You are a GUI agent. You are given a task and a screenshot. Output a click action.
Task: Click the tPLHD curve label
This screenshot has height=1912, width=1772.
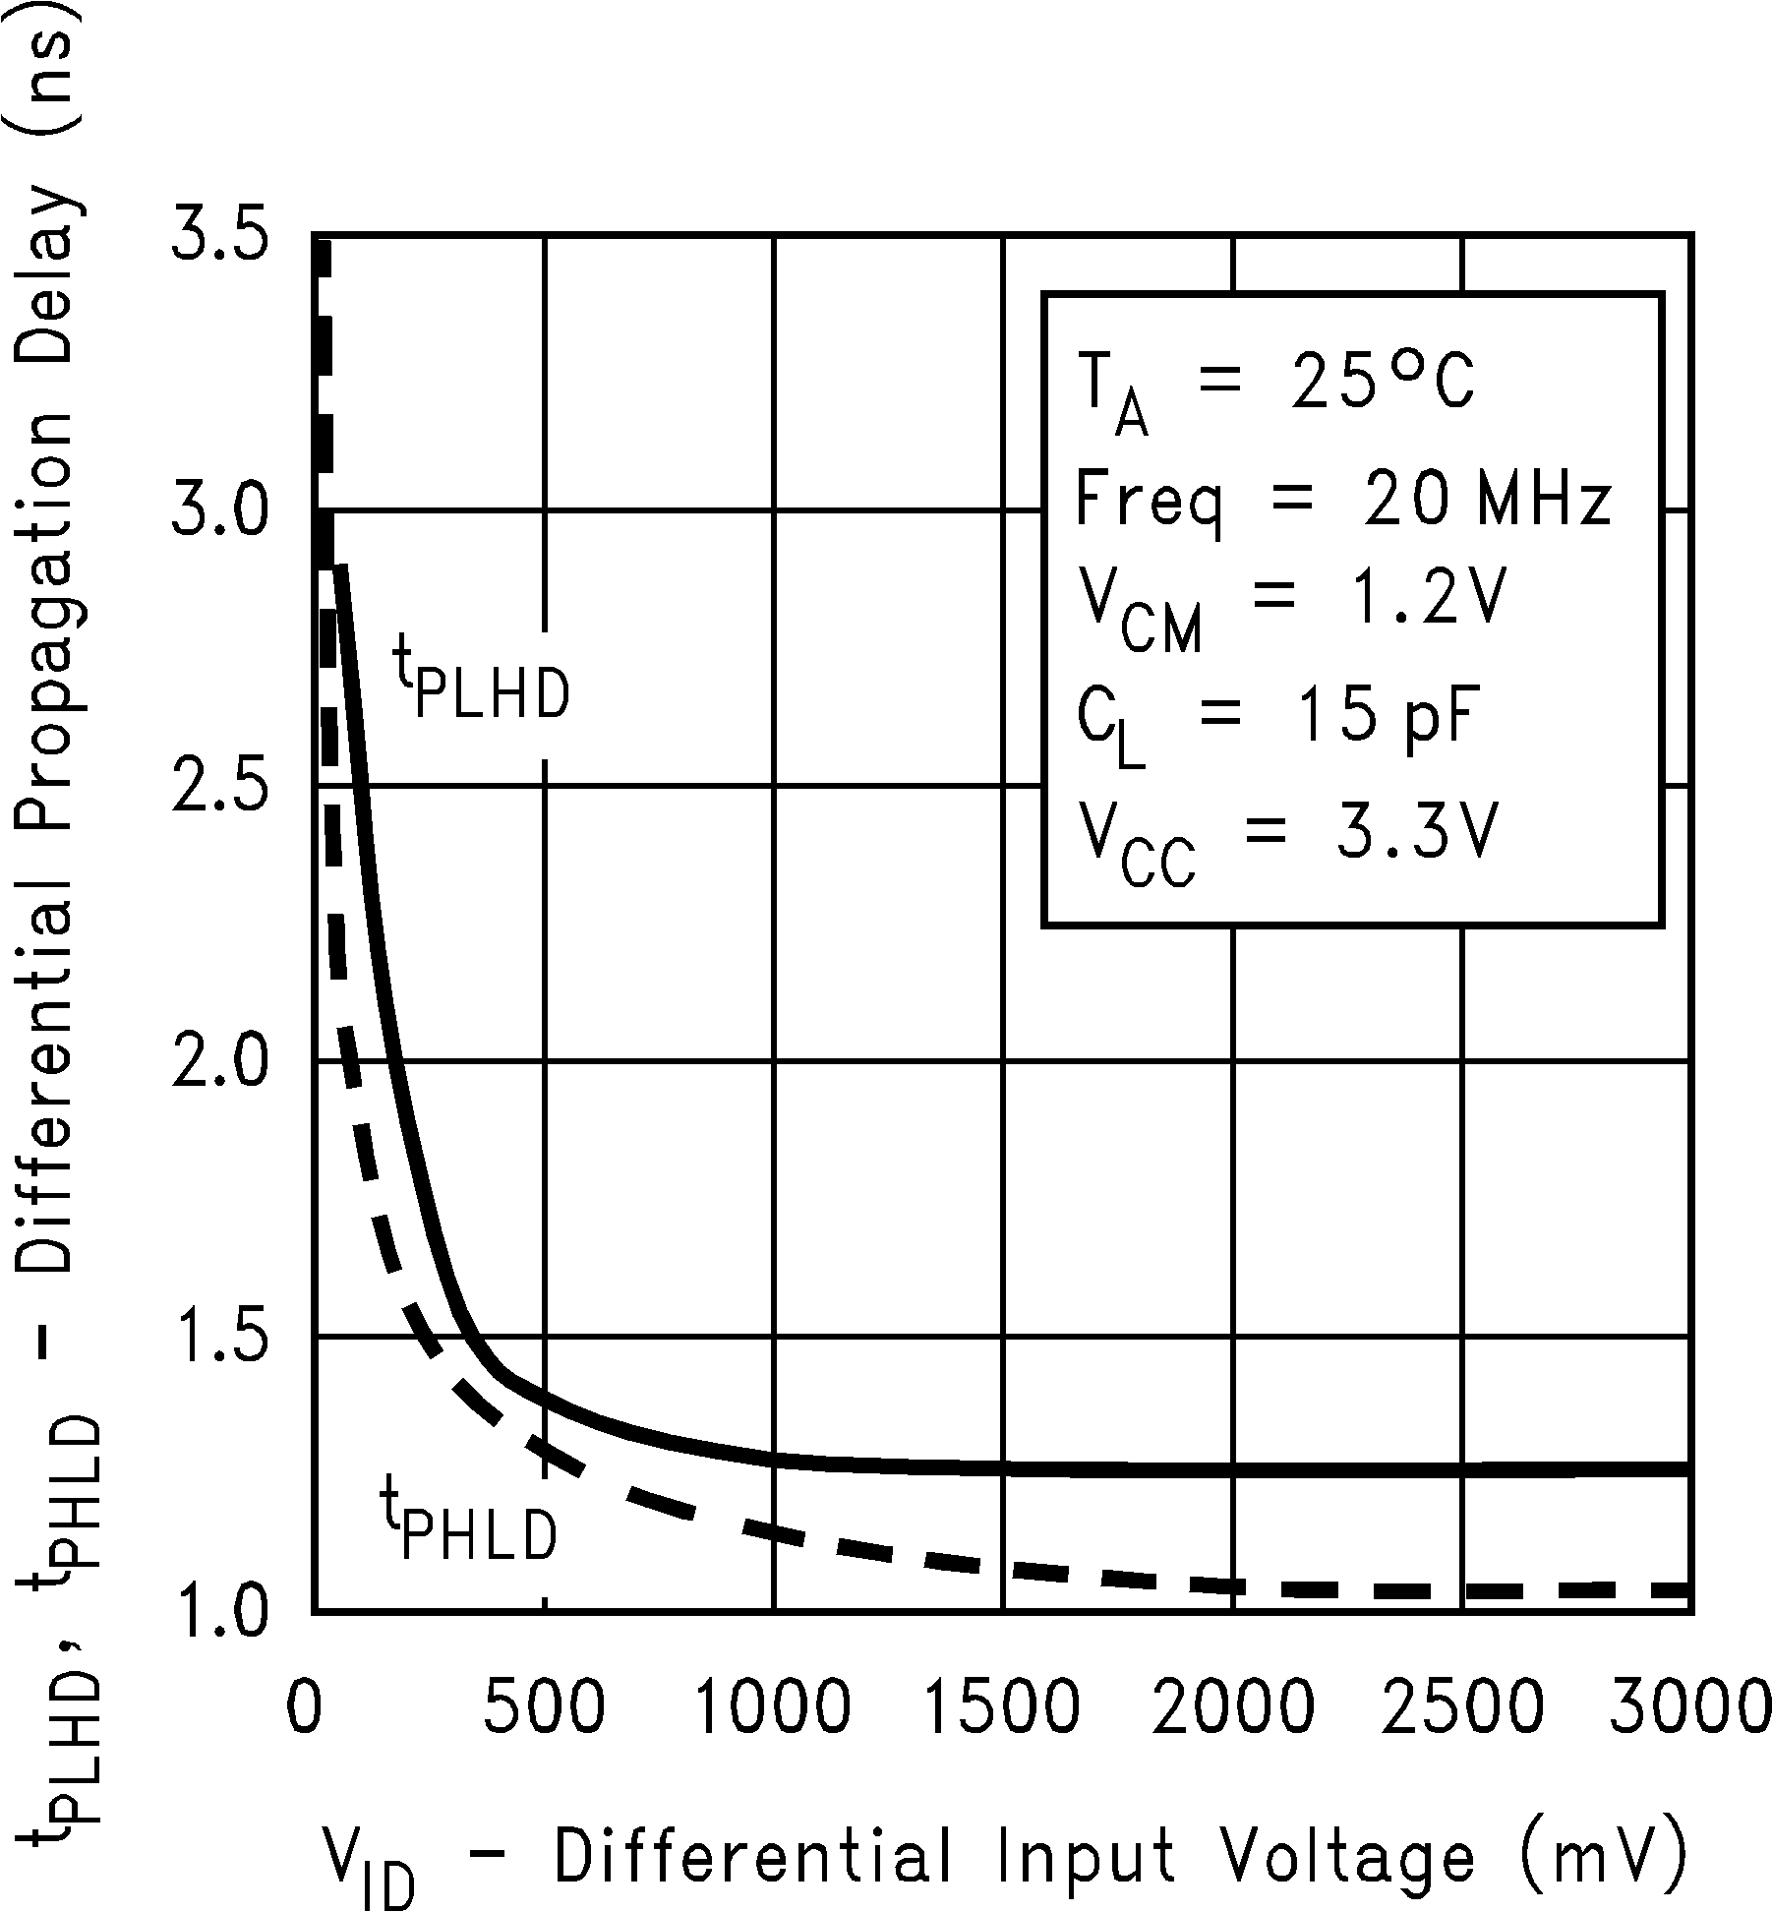click(x=482, y=679)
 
